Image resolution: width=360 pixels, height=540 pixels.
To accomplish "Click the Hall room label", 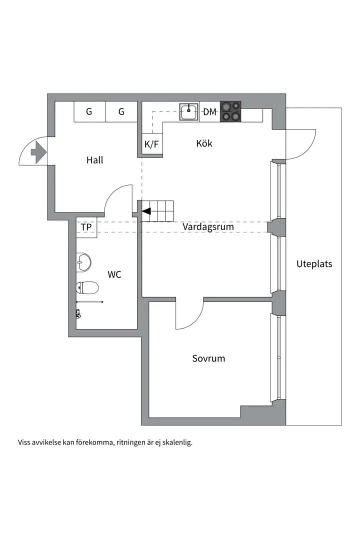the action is point(94,160).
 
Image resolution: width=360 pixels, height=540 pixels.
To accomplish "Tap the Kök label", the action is point(204,143).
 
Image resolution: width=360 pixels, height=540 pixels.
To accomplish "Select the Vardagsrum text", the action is point(208,227).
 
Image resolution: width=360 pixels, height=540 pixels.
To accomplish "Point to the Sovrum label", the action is point(208,358).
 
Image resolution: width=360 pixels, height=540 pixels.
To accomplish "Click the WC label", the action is point(114,274).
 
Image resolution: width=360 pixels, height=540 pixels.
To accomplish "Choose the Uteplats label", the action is point(314,264).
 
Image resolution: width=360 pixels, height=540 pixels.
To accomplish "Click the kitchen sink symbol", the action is point(189,111).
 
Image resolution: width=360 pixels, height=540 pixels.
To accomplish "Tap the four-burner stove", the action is point(230,111).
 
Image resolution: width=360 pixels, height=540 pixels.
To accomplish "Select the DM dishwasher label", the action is point(210,112).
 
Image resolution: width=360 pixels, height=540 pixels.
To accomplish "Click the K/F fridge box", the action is point(152,144).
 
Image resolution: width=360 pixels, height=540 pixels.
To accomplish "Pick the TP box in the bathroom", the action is point(86,227).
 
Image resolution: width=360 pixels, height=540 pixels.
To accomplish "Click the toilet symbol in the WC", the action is point(87,287).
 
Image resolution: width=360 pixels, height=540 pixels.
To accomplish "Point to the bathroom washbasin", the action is point(83,263).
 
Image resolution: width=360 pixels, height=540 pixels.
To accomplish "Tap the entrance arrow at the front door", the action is point(38,152).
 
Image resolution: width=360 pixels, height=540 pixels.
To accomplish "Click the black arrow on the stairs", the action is point(146,211).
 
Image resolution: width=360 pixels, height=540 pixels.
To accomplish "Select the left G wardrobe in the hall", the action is point(89,111).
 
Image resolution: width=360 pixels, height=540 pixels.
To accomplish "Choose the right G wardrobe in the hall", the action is point(121,111).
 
